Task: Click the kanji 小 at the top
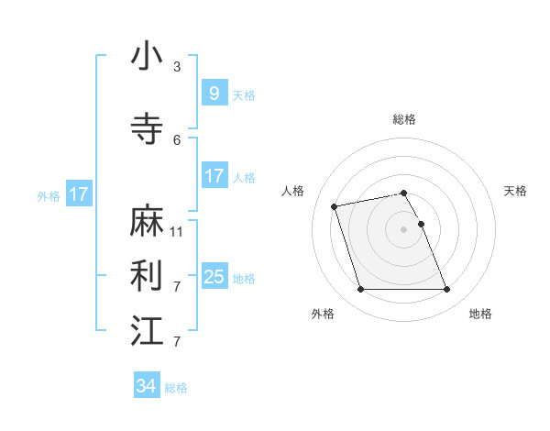point(148,57)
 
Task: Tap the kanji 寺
point(148,129)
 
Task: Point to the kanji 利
point(148,276)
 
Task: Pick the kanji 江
point(148,331)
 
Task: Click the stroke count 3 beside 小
point(177,67)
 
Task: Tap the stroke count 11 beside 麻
point(177,232)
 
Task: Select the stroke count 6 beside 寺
point(177,140)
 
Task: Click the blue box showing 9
point(214,93)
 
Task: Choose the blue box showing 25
point(214,276)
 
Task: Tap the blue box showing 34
point(146,386)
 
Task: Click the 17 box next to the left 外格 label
point(78,194)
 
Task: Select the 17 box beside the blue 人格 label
point(214,176)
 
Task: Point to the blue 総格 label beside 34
point(176,388)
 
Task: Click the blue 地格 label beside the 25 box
point(244,278)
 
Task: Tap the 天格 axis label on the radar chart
point(516,191)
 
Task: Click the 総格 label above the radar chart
point(404,119)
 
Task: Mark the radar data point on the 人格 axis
point(335,205)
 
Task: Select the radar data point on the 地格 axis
point(446,290)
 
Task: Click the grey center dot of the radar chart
point(404,228)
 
